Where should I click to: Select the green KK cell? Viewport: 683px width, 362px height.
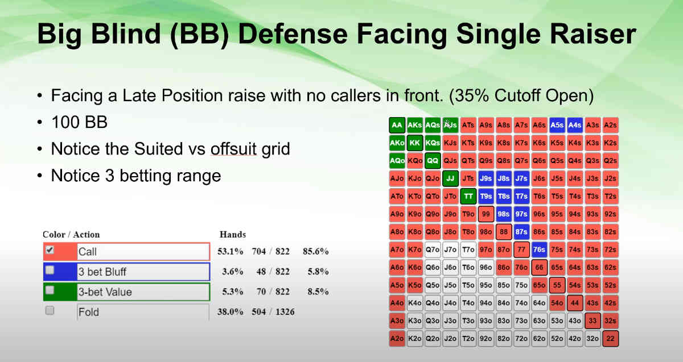click(x=414, y=143)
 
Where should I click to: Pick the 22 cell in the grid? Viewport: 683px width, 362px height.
click(x=610, y=339)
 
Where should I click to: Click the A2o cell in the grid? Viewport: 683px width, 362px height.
click(x=397, y=339)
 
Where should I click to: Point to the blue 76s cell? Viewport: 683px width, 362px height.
click(x=539, y=249)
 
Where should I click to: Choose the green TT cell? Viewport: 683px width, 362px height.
click(x=468, y=197)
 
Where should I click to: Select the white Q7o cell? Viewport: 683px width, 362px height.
click(x=433, y=249)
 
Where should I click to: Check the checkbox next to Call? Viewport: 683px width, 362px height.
click(x=50, y=249)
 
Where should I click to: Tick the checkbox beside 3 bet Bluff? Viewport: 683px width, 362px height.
click(x=50, y=270)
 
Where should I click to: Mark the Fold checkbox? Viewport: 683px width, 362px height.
click(x=50, y=310)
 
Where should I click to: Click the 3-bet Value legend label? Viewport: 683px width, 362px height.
click(x=105, y=292)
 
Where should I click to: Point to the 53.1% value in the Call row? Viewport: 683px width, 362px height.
click(x=229, y=252)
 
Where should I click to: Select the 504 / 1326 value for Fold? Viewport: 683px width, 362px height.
click(x=275, y=312)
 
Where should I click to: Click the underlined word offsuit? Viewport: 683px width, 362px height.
click(x=233, y=149)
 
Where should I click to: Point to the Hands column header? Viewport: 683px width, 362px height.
click(x=232, y=234)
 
